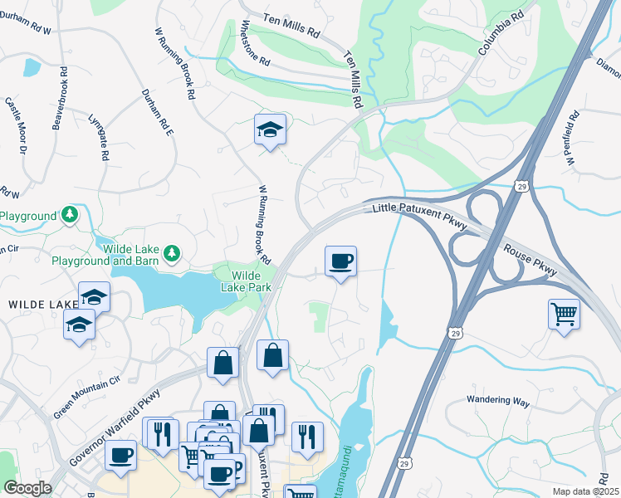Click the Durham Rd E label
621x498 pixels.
coord(156,112)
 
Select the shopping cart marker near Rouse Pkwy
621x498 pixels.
coord(564,314)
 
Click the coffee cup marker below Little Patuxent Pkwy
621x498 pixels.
coord(340,261)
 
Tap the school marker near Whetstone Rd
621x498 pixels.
coord(270,129)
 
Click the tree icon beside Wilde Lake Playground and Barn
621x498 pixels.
coord(172,251)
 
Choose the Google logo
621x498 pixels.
coord(27,488)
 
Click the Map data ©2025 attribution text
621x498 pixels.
coord(585,491)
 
